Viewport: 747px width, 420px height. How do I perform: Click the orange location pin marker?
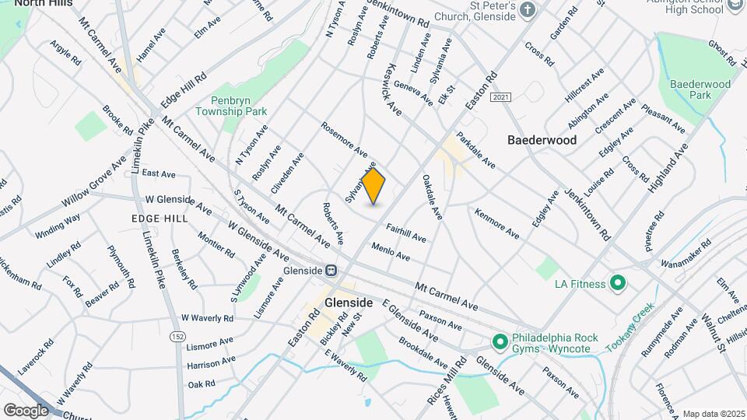(374, 186)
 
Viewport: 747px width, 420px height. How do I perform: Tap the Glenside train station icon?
(331, 271)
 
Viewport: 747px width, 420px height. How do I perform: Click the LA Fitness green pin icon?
(619, 283)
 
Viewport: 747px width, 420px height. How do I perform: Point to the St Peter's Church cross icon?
(528, 10)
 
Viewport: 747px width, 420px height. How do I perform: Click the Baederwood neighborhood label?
(542, 141)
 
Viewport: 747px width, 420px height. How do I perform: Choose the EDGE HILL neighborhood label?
(160, 219)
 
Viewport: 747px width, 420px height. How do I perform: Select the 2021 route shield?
(501, 96)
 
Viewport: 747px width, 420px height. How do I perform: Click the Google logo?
(26, 410)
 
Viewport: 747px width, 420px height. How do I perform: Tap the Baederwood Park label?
(700, 89)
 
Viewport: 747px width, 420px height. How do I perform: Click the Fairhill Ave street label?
(406, 232)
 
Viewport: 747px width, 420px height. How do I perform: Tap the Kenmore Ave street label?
(496, 222)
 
